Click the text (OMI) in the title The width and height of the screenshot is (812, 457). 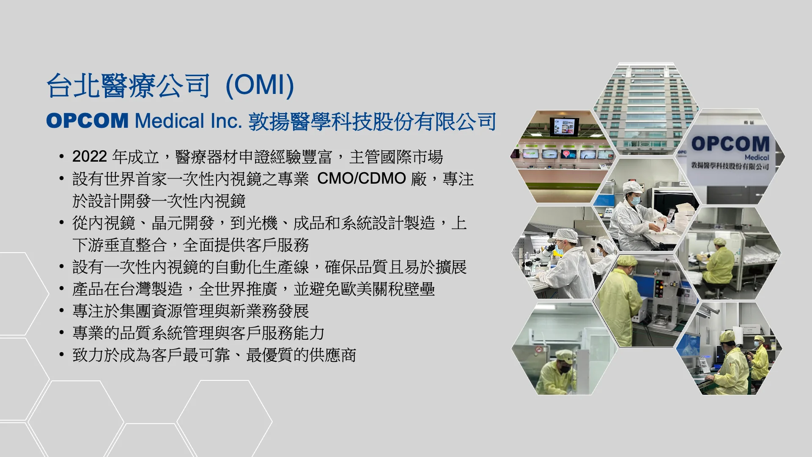point(260,85)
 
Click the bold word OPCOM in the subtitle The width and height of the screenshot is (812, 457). point(87,121)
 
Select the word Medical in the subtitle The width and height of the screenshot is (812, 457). point(170,121)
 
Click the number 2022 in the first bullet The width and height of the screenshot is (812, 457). point(89,157)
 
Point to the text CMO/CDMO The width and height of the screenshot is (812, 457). point(362,179)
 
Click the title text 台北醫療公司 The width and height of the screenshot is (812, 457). point(128,86)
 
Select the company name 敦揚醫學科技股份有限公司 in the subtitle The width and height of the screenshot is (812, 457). point(372,122)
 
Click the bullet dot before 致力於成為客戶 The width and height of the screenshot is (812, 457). point(62,355)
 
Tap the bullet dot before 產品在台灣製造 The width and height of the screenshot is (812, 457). point(62,289)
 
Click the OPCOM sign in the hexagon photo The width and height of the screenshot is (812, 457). point(730,144)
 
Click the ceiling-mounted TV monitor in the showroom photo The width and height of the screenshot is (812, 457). point(564,127)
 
